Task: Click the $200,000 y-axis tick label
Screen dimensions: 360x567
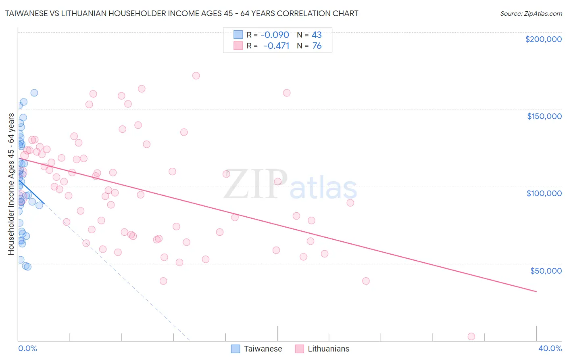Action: pyautogui.click(x=543, y=39)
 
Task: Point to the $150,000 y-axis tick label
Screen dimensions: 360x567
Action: pyautogui.click(x=544, y=116)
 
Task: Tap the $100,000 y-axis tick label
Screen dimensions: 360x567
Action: pyautogui.click(x=544, y=193)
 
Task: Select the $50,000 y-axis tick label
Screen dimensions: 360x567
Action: pyautogui.click(x=546, y=270)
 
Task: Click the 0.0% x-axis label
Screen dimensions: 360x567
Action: pyautogui.click(x=27, y=348)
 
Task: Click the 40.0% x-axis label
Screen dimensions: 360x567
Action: pyautogui.click(x=550, y=348)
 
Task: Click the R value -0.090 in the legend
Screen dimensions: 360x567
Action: pyautogui.click(x=275, y=35)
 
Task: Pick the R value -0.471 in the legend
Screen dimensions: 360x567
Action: pyautogui.click(x=276, y=46)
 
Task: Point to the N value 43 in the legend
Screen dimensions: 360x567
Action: pyautogui.click(x=317, y=35)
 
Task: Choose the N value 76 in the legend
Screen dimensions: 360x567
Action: pyautogui.click(x=317, y=46)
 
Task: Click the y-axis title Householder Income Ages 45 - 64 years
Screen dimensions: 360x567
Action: pyautogui.click(x=11, y=184)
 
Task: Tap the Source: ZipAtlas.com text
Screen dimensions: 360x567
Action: pyautogui.click(x=531, y=14)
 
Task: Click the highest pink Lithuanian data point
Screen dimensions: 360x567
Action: pyautogui.click(x=196, y=75)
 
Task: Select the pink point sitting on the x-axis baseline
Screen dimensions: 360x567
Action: pyautogui.click(x=471, y=337)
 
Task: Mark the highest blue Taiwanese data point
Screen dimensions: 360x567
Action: pyautogui.click(x=34, y=93)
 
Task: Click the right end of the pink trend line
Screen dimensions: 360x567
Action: pyautogui.click(x=536, y=291)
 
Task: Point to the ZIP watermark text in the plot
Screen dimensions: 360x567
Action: pyautogui.click(x=256, y=185)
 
